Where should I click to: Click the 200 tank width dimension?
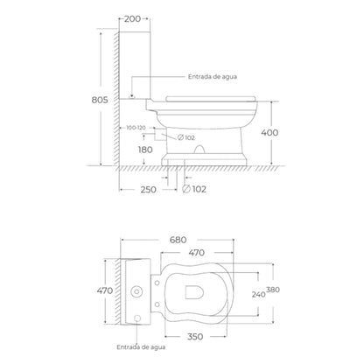coord(132,19)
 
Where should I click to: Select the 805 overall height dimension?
coord(100,100)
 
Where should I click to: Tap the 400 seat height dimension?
coord(269,133)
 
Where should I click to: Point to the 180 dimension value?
coord(145,150)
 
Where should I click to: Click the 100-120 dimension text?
coord(136,128)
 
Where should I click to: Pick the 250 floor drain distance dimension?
coord(149,190)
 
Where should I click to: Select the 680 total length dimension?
coord(178,240)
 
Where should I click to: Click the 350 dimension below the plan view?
coord(195,337)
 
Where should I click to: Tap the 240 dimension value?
coord(258,295)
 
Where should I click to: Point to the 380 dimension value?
coord(273,290)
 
